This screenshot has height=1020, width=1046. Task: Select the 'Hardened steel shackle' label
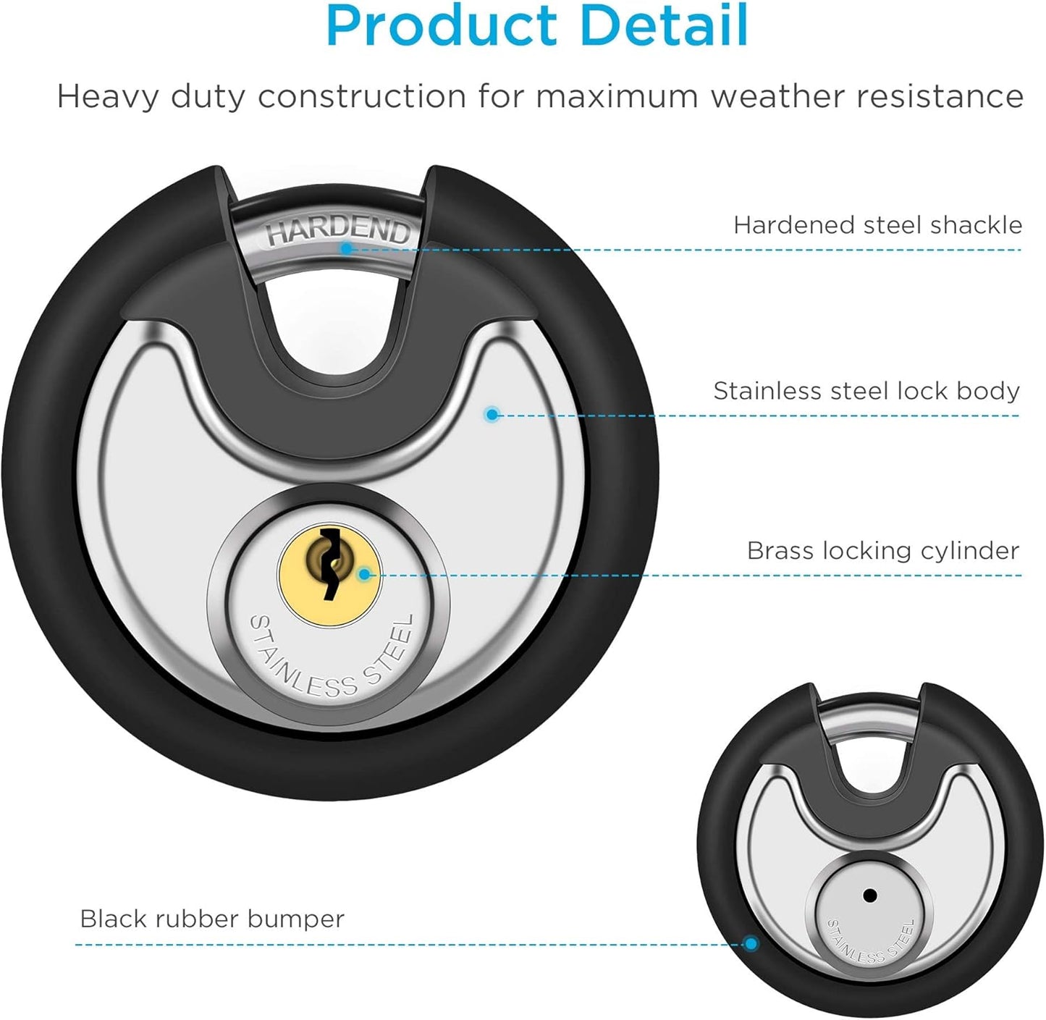coord(878,225)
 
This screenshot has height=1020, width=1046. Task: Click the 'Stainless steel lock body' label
coord(866,391)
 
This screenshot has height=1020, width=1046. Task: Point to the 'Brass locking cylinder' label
coord(883,551)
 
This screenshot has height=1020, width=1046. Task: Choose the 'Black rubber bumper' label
coord(212,919)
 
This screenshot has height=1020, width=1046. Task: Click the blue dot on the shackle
coord(347,248)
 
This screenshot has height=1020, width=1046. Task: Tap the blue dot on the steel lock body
coord(492,414)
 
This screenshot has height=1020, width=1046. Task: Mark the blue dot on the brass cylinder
coord(364,575)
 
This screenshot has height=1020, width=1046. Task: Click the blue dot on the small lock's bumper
coord(751,943)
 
